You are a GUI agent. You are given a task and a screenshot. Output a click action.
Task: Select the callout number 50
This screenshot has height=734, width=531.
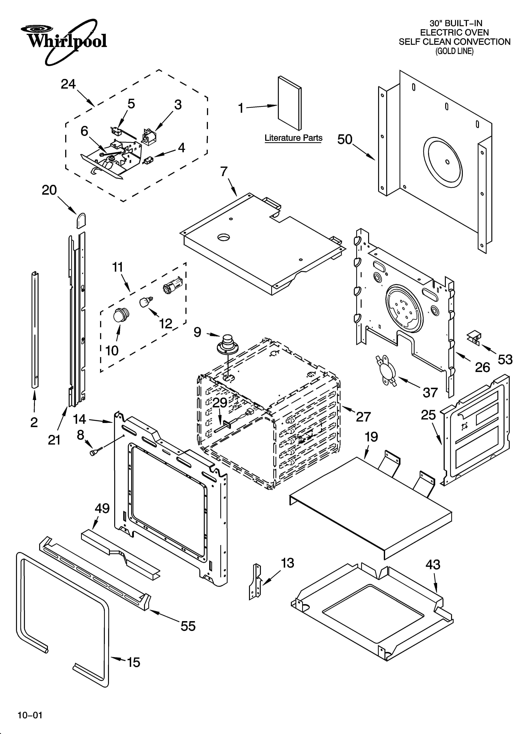pyautogui.click(x=345, y=140)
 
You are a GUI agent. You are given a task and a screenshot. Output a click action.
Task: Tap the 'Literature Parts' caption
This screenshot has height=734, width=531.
pyautogui.click(x=293, y=138)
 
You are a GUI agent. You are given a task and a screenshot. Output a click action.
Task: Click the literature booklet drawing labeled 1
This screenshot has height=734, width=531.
pyautogui.click(x=290, y=103)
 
